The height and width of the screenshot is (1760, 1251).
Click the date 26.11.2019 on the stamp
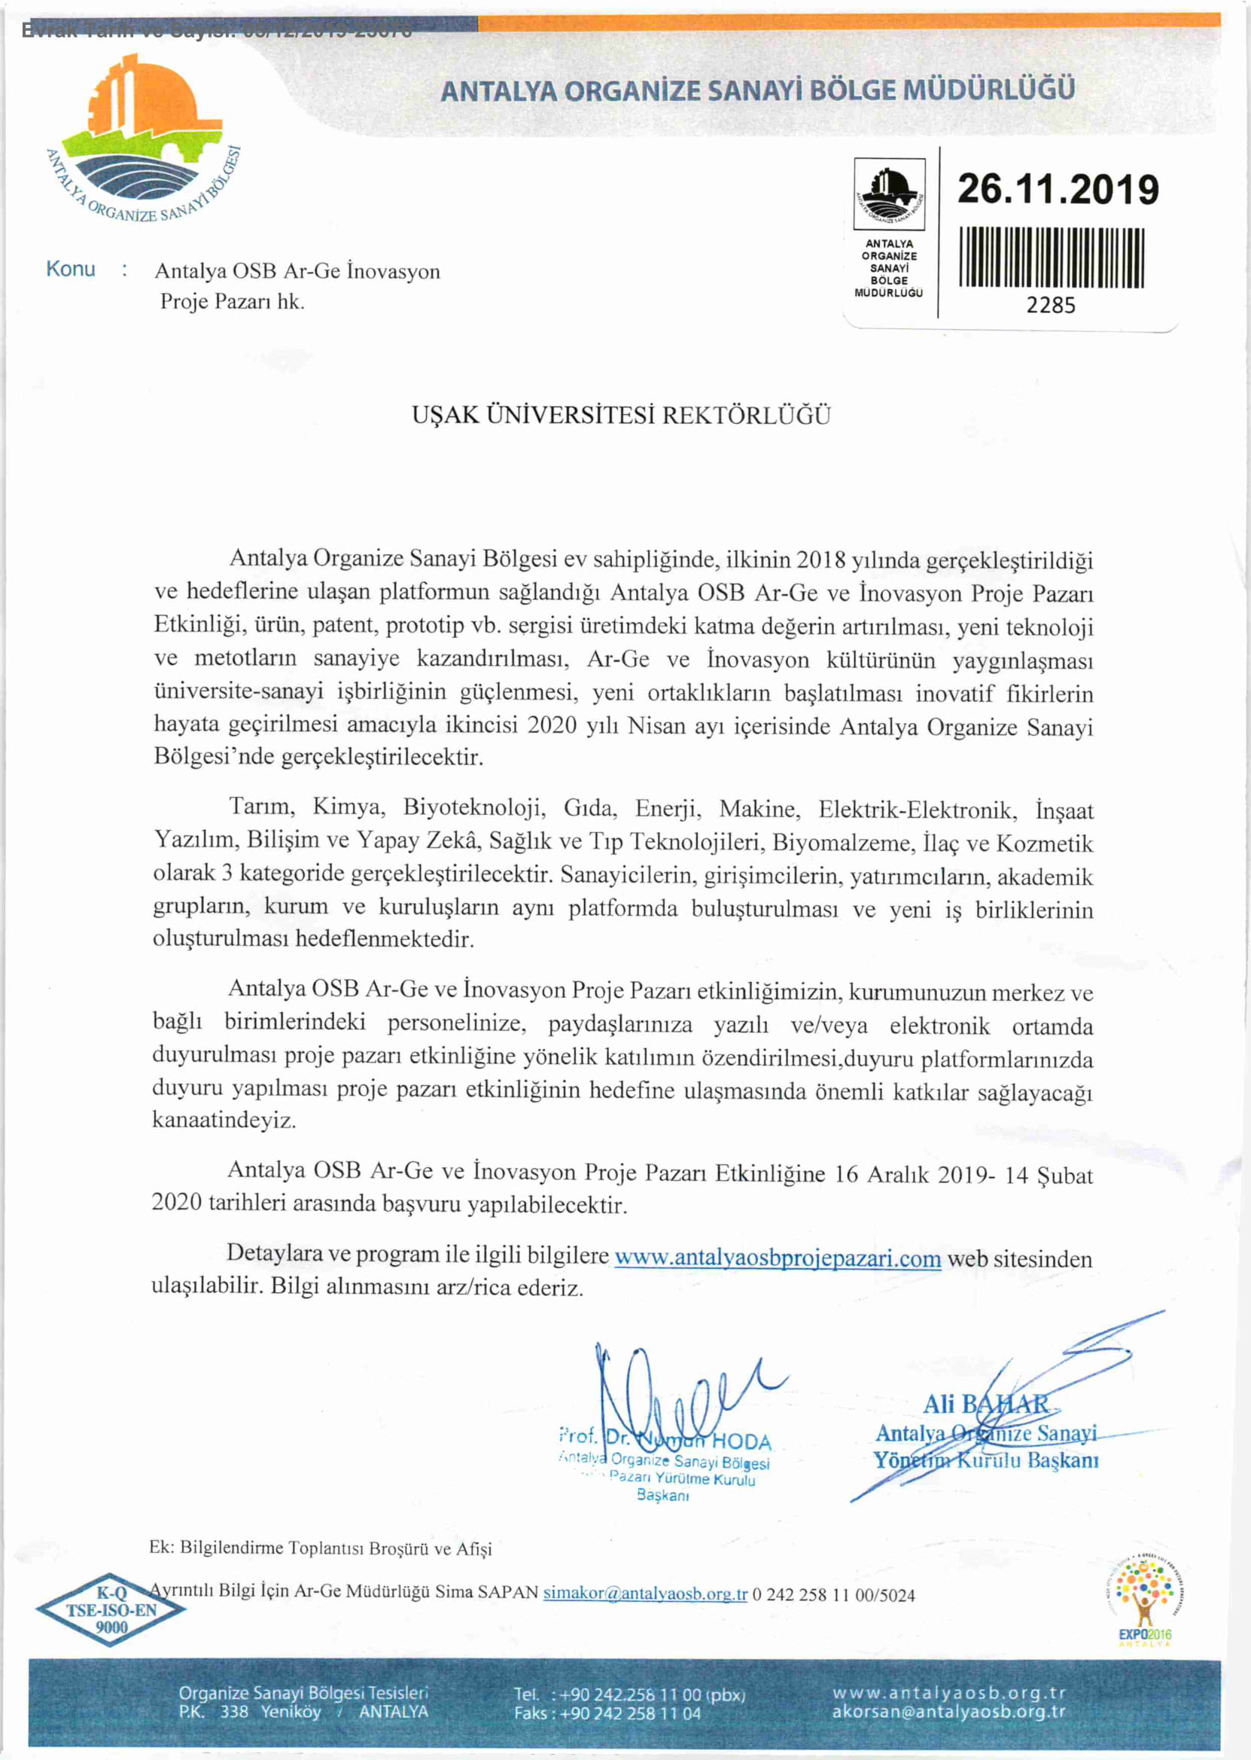(1057, 190)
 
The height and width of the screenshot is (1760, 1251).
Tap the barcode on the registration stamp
(1051, 258)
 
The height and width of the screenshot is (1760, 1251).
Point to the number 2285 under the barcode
(1051, 306)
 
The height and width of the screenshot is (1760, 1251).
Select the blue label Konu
(71, 269)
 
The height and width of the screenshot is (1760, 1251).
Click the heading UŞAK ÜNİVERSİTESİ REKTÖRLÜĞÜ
(621, 416)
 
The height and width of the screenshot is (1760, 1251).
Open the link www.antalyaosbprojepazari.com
(778, 1258)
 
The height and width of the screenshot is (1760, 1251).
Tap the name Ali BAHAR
(985, 1405)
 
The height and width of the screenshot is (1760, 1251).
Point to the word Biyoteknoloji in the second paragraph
(473, 807)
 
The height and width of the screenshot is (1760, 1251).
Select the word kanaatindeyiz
(224, 1120)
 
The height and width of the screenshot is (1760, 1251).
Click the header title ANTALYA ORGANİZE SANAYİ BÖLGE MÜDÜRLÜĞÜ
(757, 91)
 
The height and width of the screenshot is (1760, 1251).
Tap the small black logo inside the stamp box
(889, 193)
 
